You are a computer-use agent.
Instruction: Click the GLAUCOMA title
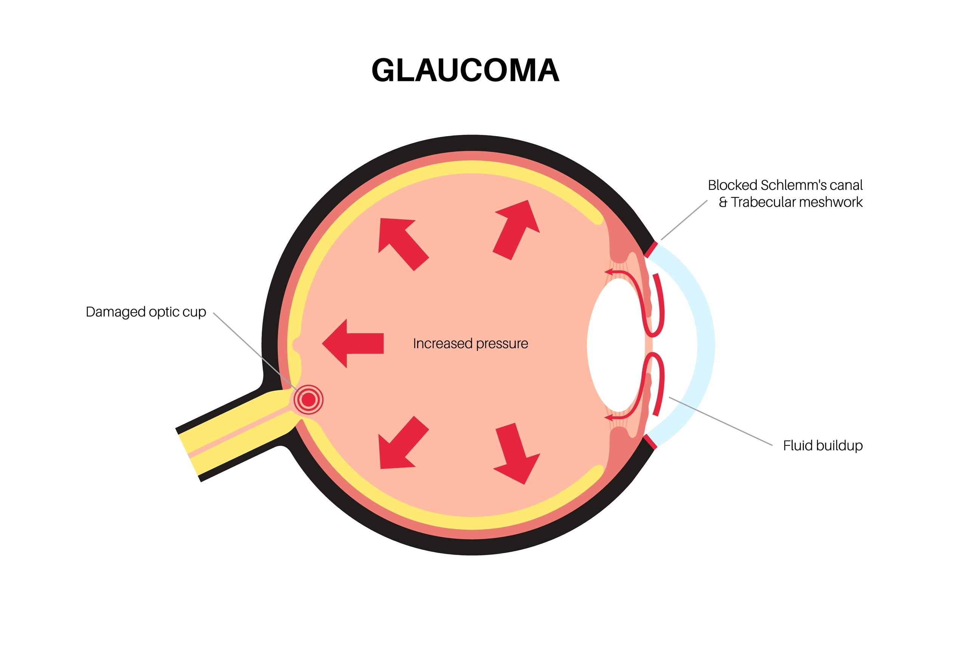coord(465,70)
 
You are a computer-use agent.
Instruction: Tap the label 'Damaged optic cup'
coord(146,312)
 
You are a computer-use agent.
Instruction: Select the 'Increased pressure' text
coord(470,343)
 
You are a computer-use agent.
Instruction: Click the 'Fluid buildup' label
coord(823,445)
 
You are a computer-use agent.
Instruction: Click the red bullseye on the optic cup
coord(309,399)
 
